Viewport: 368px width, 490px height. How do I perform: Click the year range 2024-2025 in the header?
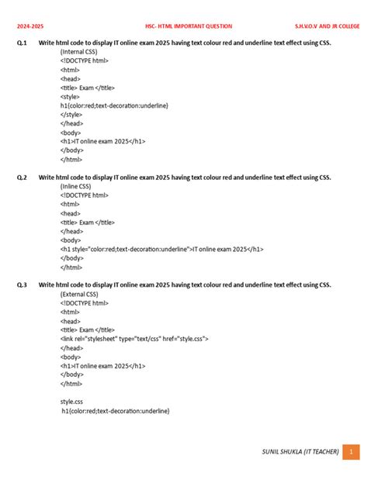(x=31, y=26)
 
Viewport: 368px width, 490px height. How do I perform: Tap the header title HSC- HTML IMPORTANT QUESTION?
(x=189, y=26)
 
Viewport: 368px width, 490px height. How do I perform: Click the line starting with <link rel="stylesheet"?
(x=134, y=339)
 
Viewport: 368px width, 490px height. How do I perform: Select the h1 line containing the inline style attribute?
(x=161, y=250)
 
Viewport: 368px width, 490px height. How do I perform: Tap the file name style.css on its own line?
(x=73, y=402)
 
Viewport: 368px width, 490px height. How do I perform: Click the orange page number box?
(x=352, y=451)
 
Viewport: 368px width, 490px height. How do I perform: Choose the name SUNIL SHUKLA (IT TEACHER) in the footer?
(x=300, y=451)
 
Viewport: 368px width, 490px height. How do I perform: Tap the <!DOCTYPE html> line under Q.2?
(x=85, y=195)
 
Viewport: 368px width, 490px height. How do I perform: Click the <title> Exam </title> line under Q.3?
(x=87, y=330)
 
